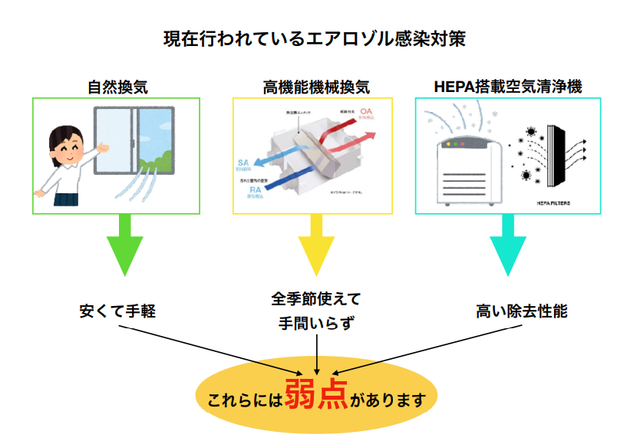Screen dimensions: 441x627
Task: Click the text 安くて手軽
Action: pos(118,312)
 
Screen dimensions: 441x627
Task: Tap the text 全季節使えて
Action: pos(315,298)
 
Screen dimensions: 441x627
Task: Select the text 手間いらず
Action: pos(315,323)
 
